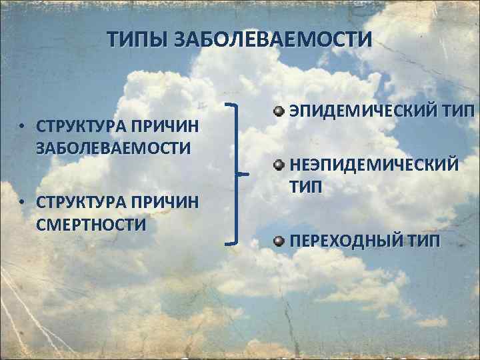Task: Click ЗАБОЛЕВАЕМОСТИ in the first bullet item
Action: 114,147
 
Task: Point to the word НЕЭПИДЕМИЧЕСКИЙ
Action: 373,164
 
